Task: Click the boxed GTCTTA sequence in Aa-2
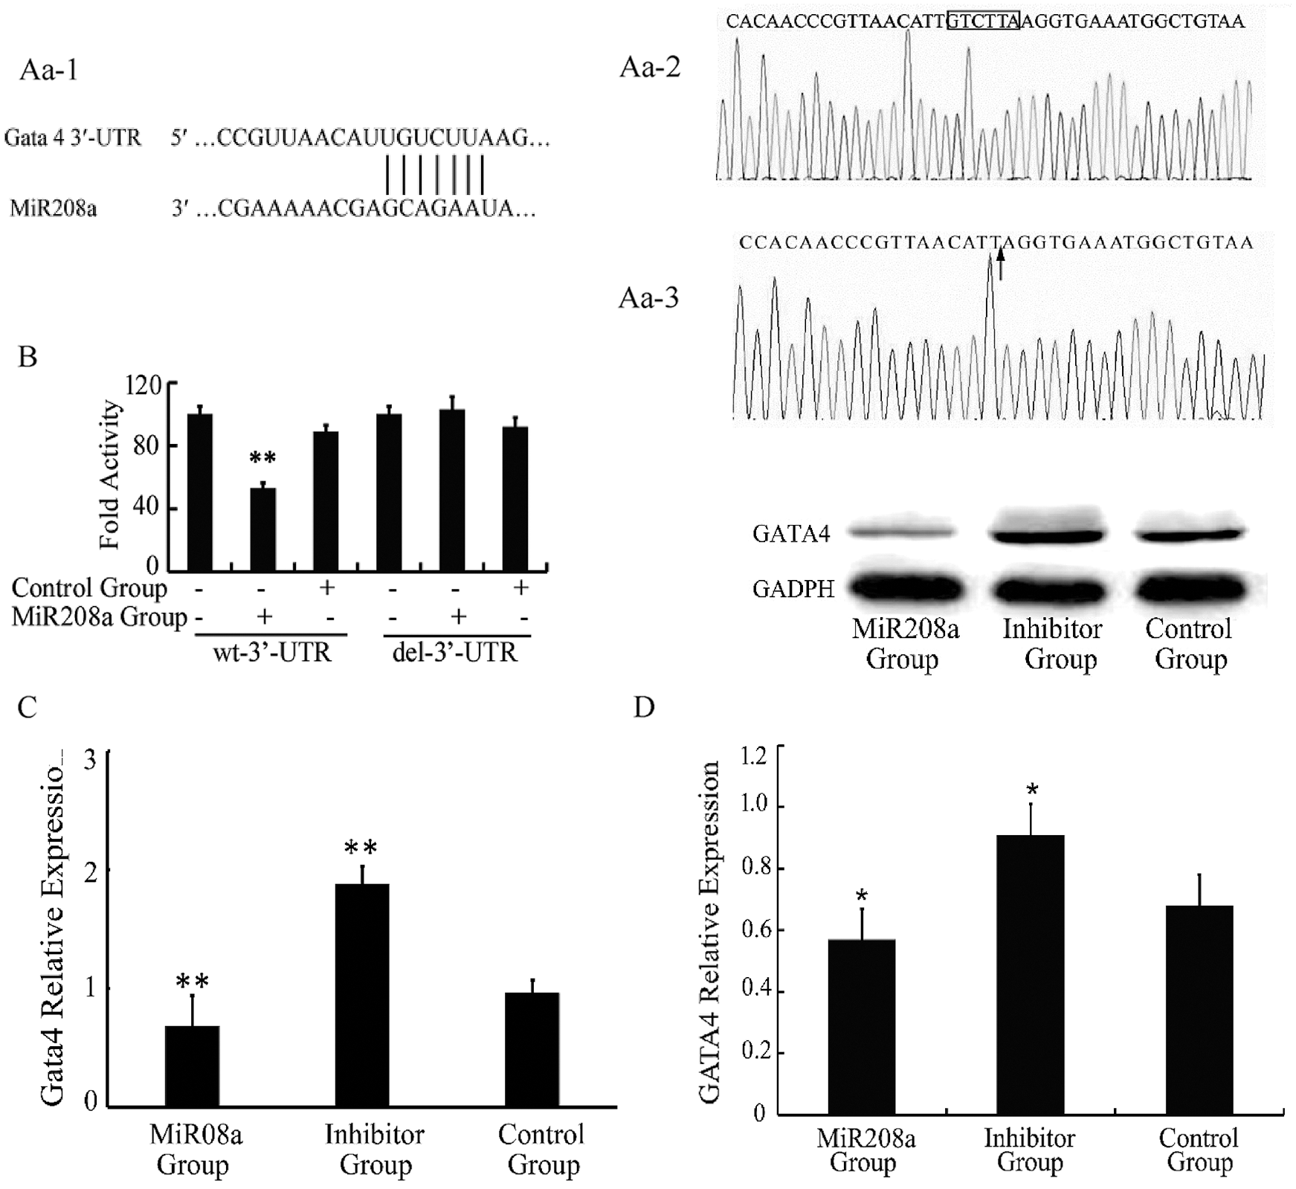(x=983, y=21)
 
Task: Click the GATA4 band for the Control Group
(x=1189, y=533)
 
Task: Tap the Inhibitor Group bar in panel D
(x=1031, y=974)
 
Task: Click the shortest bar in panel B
(x=262, y=529)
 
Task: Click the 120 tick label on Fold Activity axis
(x=144, y=385)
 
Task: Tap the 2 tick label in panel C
(x=91, y=871)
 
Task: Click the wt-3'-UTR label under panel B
(x=272, y=653)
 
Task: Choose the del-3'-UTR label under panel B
(x=454, y=653)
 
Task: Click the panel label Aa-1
(x=48, y=70)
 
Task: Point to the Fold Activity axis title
(x=110, y=474)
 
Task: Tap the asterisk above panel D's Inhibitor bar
(x=1031, y=789)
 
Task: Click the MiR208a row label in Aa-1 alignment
(x=53, y=208)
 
